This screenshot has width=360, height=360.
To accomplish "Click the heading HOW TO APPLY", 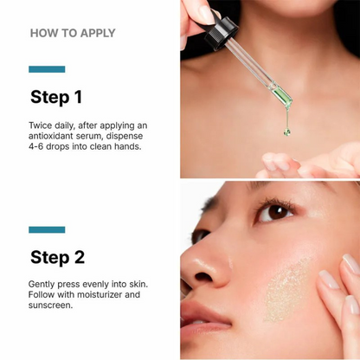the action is point(73,33).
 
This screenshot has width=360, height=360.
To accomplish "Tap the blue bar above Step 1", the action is point(47,69).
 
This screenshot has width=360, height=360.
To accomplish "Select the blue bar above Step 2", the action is point(47,229).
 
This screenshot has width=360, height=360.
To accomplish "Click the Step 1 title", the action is point(56,98).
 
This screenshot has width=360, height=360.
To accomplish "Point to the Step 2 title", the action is point(57,258).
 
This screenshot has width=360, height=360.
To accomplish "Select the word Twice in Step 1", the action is point(41,125).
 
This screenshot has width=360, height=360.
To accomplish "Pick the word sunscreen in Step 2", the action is point(49,305).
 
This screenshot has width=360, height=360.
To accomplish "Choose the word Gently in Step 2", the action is point(42,285).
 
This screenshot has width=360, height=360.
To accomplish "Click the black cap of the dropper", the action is point(221,33).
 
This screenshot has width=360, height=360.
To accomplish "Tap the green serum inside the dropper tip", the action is point(283,96).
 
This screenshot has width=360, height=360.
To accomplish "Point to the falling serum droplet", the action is point(287,132).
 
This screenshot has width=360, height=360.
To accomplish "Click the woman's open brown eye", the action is point(274,213).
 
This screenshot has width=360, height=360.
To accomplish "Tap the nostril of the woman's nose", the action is point(203,277).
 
